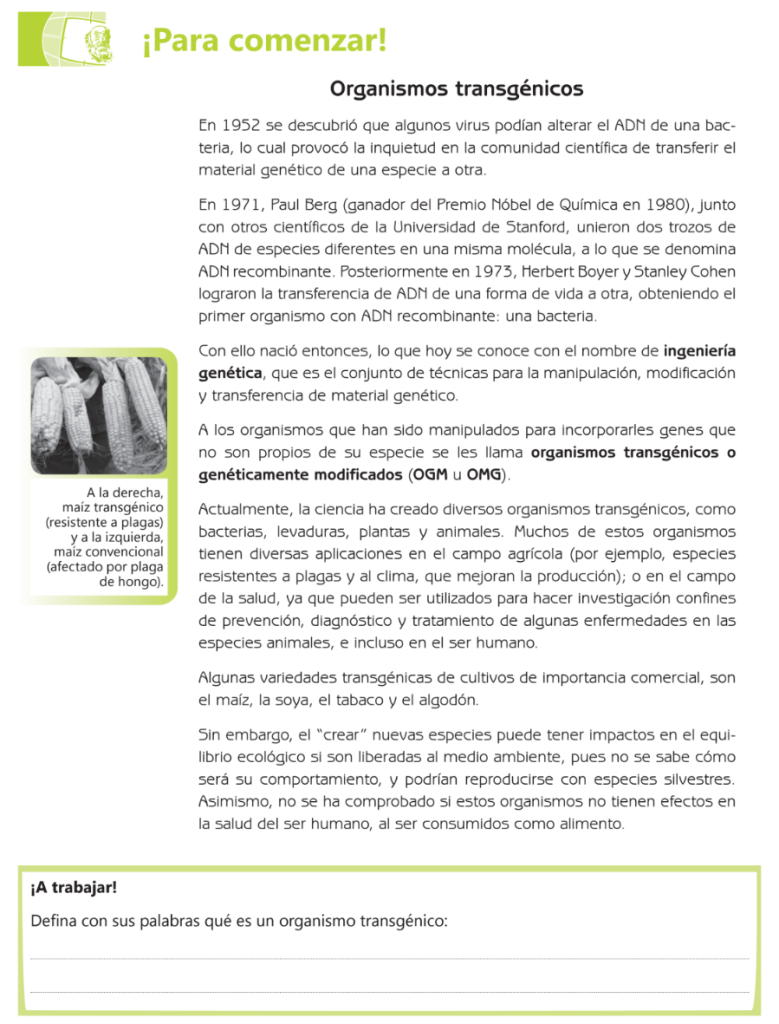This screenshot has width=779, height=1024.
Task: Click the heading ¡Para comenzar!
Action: click(x=264, y=42)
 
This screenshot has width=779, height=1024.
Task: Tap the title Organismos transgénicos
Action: click(x=457, y=89)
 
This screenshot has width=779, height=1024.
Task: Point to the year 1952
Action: click(x=241, y=126)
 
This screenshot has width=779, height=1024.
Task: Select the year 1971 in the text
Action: click(x=241, y=204)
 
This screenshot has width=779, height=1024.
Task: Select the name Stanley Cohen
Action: click(x=688, y=271)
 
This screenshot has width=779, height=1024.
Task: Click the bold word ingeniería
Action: click(x=700, y=351)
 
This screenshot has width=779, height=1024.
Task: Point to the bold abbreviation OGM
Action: click(x=432, y=474)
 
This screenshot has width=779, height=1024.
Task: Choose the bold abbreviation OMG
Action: click(x=484, y=474)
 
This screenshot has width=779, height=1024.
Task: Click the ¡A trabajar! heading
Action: click(x=74, y=887)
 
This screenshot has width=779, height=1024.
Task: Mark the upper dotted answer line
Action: click(x=389, y=958)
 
